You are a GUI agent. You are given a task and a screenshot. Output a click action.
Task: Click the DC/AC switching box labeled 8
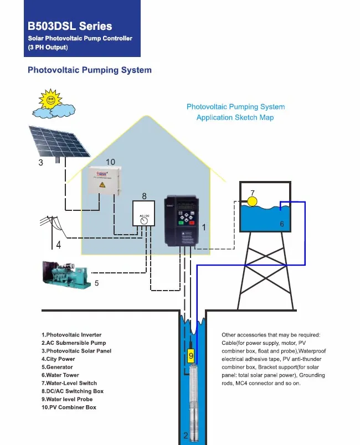click(x=143, y=213)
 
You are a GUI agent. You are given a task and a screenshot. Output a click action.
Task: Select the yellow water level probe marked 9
click(x=191, y=355)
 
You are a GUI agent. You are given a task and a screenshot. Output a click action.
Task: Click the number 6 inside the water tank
click(x=282, y=224)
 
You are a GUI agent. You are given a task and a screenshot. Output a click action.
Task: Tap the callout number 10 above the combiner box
click(x=110, y=162)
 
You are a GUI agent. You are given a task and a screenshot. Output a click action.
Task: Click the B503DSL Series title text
click(x=70, y=26)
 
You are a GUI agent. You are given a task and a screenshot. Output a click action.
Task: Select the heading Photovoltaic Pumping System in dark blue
click(x=90, y=70)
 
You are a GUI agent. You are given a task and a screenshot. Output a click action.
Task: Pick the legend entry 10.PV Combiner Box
click(x=69, y=407)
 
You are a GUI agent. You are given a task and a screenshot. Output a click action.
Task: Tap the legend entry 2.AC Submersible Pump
click(x=74, y=343)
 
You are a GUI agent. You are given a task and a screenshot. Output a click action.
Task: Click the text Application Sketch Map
click(x=235, y=117)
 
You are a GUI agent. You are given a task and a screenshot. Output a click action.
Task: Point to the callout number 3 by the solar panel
click(x=40, y=163)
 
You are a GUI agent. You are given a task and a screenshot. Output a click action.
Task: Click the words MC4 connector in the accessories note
click(x=260, y=383)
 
